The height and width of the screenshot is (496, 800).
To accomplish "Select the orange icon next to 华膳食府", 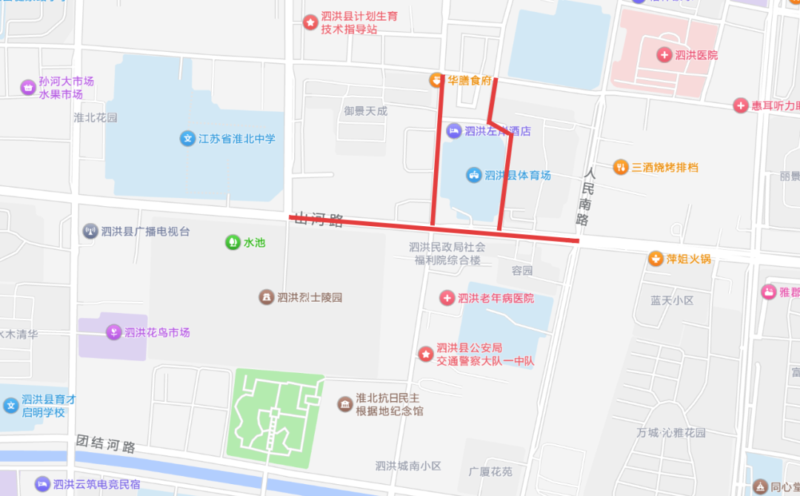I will [x=437, y=80].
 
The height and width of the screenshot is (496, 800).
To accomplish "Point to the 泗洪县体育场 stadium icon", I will [x=473, y=175].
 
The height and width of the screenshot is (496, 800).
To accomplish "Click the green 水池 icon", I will [x=233, y=242].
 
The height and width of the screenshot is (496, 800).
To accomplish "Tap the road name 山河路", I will [x=319, y=219].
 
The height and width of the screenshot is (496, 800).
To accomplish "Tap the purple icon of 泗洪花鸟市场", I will [x=113, y=332].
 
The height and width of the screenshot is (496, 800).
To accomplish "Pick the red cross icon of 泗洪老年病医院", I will [x=447, y=298].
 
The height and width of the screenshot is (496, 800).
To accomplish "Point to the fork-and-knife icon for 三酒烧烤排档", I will [x=620, y=168].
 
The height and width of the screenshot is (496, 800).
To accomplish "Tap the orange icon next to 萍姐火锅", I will [x=656, y=259].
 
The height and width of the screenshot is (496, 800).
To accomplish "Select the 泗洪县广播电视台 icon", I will [x=90, y=231].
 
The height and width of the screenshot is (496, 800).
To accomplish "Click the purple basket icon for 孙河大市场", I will [x=28, y=87].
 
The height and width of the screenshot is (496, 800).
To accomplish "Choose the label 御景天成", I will [x=365, y=111].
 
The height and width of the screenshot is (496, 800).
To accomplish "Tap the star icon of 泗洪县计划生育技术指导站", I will [x=310, y=22].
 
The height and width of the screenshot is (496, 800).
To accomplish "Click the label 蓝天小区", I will [x=672, y=300].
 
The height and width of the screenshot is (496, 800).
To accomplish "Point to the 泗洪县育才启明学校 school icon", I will [x=11, y=406].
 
